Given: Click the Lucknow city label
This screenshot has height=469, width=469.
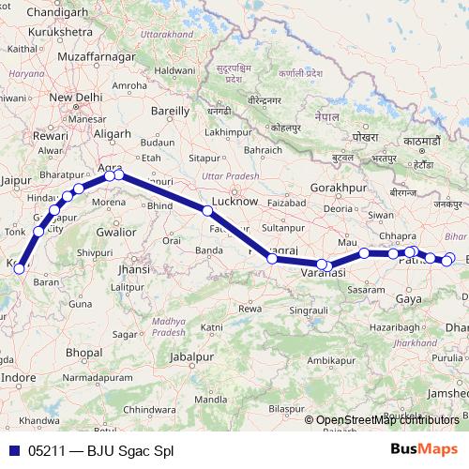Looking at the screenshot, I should click(x=234, y=201).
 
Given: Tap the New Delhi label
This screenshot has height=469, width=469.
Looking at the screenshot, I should click(x=74, y=98).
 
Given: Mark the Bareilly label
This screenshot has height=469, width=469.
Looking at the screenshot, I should click(x=170, y=111).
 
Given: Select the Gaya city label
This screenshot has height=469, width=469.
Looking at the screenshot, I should click(x=409, y=298).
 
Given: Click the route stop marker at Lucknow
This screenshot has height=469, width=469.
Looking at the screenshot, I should click(x=207, y=210).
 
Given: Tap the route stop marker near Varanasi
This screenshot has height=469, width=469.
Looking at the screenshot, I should click(x=322, y=265).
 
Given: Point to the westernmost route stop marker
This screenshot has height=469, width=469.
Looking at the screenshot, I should click(x=18, y=269).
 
